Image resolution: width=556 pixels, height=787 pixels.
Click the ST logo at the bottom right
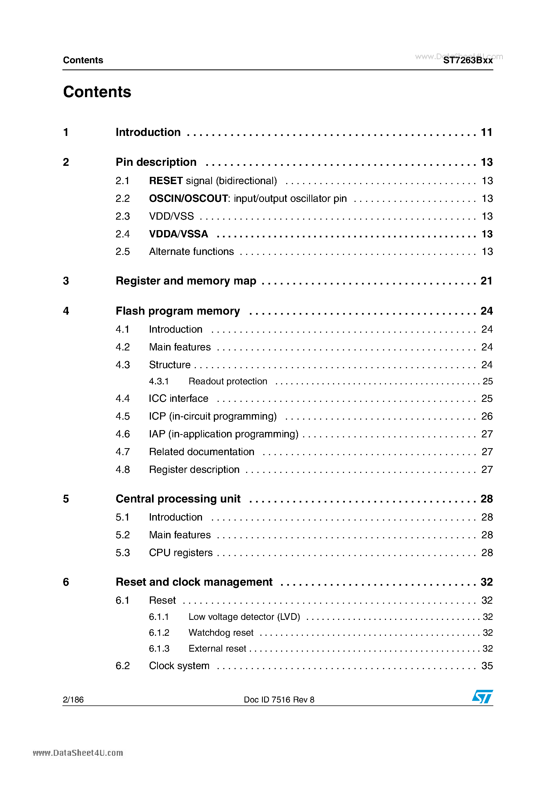point(482,697)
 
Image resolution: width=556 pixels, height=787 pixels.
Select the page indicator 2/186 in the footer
point(73,700)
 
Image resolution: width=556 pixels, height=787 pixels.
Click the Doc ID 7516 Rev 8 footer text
point(279,700)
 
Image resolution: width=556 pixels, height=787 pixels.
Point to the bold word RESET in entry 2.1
point(166,181)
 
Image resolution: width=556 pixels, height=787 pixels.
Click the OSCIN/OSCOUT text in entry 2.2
point(188,198)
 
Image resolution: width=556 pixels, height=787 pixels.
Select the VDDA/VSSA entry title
point(179,234)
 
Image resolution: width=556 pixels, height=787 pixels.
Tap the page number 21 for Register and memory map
point(486,281)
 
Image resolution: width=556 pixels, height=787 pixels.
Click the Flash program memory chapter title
point(178,311)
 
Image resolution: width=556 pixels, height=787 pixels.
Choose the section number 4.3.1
point(159,381)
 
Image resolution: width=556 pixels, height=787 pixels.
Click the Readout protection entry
point(228,381)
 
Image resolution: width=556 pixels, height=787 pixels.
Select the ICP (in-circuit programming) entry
point(213,416)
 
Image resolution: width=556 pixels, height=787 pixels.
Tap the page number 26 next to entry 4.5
point(487,416)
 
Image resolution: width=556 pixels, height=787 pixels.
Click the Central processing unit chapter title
point(178,499)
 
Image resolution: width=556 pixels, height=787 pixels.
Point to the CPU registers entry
point(180,553)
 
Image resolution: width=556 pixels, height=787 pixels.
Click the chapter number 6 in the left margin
point(66,582)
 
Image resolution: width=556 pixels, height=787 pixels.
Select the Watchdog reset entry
point(221,633)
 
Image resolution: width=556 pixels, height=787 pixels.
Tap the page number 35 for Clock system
point(487,666)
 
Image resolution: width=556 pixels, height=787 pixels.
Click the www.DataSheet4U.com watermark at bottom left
point(78,753)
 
